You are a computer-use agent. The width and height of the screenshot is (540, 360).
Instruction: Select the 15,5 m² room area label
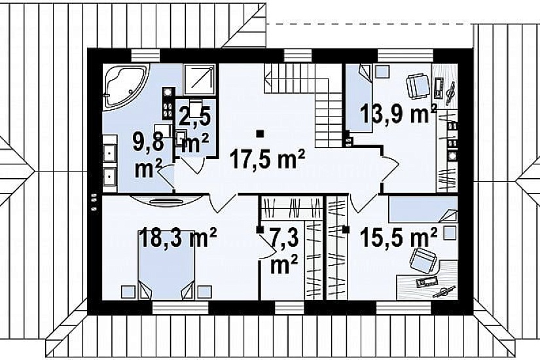[399, 238]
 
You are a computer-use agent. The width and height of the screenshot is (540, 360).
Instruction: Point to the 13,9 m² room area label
[399, 114]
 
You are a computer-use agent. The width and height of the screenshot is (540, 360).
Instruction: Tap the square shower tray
[200, 80]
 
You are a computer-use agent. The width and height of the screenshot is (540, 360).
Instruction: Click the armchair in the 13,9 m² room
[418, 86]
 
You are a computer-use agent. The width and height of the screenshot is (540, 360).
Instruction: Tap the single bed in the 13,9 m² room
[359, 99]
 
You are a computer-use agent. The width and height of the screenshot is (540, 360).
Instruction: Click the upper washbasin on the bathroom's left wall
[110, 152]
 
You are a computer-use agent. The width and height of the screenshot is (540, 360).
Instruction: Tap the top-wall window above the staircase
[298, 55]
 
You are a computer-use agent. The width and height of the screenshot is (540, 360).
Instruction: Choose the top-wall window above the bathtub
[146, 55]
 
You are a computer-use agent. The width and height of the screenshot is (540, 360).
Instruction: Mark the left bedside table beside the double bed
[128, 292]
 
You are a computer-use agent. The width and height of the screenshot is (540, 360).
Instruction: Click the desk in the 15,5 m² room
[427, 280]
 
